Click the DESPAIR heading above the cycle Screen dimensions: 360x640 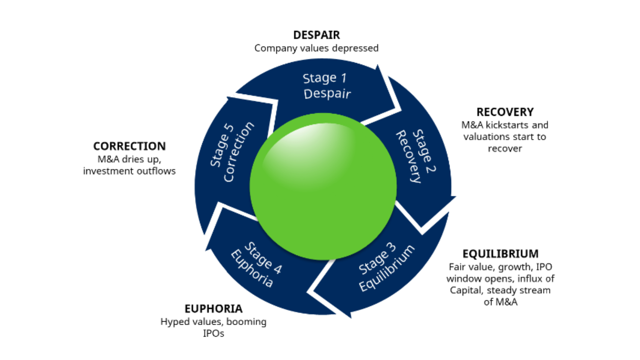316,35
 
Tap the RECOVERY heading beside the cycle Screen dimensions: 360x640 505,112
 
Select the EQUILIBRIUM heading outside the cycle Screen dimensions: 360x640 500,254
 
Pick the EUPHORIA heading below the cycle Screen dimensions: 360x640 213,309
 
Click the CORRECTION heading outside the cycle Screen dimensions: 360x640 129,146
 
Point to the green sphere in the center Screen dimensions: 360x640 323,187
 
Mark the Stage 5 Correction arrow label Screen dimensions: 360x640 232,153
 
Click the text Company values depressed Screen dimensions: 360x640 316,48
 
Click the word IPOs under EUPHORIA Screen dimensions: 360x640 213,333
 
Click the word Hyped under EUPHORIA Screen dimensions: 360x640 172,322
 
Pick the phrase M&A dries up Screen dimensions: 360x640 129,159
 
